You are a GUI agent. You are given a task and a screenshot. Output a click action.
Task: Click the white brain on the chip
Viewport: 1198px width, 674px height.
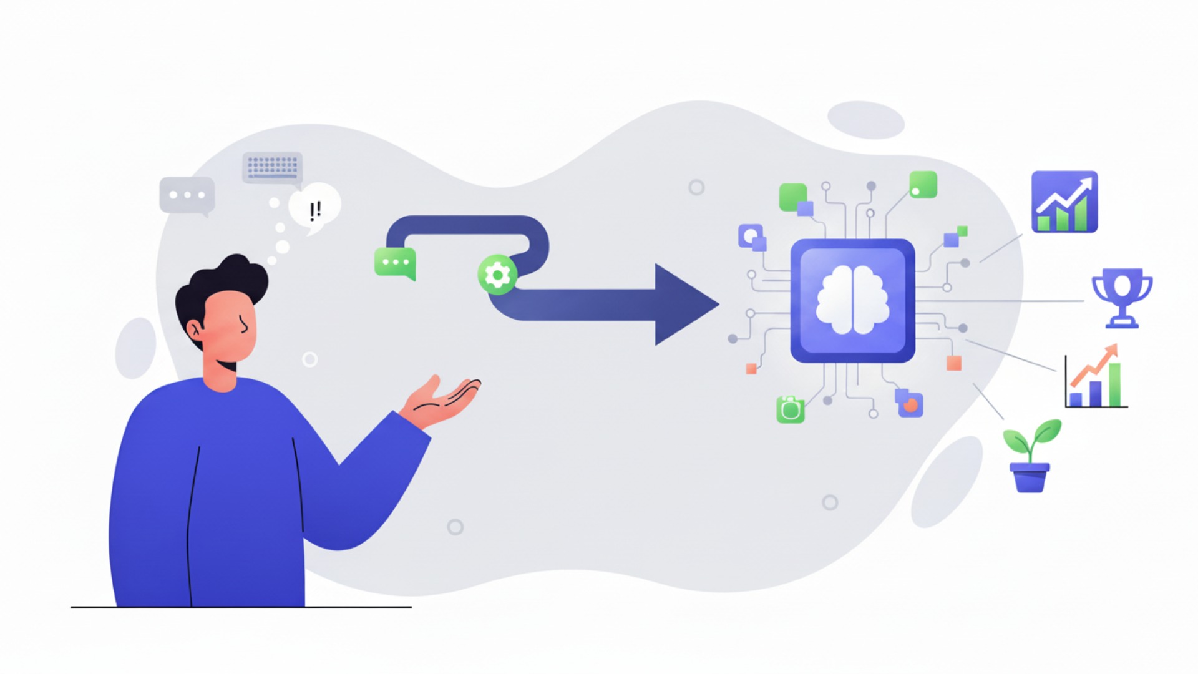coord(852,300)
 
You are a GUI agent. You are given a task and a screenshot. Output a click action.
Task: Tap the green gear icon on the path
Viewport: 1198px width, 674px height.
coord(497,275)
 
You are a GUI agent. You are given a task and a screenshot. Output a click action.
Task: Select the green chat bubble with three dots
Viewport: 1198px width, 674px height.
coord(395,263)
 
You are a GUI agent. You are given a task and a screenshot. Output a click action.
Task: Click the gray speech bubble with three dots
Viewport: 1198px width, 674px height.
coord(187,195)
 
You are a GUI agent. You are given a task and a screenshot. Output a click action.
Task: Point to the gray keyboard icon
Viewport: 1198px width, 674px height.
coord(272,167)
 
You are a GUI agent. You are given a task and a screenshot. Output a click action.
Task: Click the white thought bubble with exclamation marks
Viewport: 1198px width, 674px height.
coord(315,208)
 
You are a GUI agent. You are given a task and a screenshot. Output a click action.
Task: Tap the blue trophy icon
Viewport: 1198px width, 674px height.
coord(1122,297)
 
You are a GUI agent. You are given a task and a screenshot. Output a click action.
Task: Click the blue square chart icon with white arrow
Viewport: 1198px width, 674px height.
coord(1064,202)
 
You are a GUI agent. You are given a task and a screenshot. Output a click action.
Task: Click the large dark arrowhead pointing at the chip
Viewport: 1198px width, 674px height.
coord(683,305)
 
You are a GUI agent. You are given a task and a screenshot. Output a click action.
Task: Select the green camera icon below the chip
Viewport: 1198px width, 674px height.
coord(791,409)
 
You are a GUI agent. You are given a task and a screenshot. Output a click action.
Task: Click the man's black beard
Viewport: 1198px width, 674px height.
coord(228,365)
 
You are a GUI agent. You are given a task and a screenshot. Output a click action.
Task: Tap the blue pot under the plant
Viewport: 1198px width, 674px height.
coord(1030,477)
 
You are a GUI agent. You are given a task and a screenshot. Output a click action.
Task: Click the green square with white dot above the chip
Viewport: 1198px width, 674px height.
coord(923,185)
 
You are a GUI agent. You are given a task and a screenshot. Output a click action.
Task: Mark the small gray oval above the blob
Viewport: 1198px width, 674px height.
coord(865,120)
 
